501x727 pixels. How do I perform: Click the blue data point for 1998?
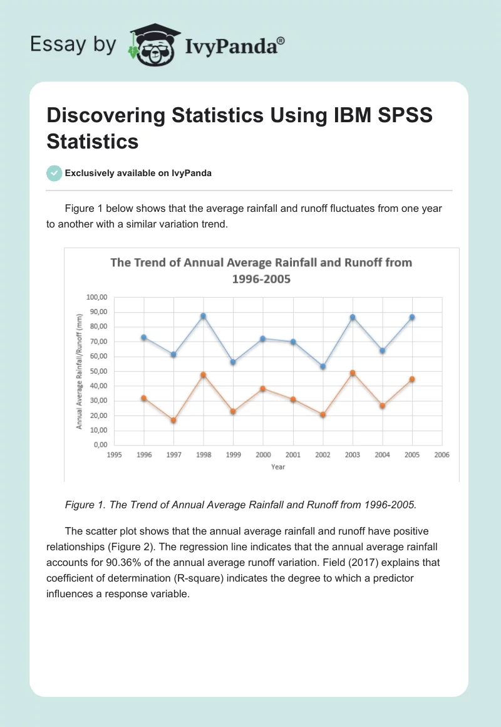[203, 316]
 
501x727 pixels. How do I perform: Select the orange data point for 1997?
[173, 420]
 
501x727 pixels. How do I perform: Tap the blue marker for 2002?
[323, 366]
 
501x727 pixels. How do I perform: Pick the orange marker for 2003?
[353, 373]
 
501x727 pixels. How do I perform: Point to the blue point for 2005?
[412, 317]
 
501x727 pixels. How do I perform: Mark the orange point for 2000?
[263, 389]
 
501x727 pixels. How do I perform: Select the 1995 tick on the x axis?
[114, 455]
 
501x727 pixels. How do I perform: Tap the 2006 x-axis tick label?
[442, 455]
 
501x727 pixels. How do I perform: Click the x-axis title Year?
[278, 467]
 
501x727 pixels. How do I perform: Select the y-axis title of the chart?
[80, 371]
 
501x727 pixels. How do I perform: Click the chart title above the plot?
[261, 270]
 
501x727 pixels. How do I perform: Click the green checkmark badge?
[54, 173]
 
